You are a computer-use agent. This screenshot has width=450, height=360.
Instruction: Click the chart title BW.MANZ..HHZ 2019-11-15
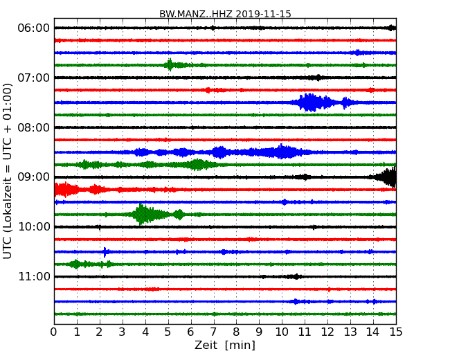click(225, 14)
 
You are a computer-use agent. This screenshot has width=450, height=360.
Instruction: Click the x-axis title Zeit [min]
click(225, 345)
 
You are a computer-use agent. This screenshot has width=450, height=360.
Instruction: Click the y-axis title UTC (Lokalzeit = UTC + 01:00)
click(8, 170)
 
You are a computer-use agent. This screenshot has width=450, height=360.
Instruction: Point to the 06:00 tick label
click(33, 28)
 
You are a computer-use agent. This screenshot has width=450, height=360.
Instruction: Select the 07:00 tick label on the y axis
click(33, 78)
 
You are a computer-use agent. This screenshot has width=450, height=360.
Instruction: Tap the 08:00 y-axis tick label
click(33, 127)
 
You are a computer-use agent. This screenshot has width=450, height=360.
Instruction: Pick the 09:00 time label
click(33, 177)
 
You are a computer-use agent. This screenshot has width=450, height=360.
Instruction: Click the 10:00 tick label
click(33, 227)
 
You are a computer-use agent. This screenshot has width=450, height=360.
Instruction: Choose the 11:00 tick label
click(33, 277)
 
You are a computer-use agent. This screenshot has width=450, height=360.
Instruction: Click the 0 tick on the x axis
click(54, 332)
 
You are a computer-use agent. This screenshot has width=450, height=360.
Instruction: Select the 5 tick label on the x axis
click(168, 332)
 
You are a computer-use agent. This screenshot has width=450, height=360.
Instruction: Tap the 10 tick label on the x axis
click(282, 332)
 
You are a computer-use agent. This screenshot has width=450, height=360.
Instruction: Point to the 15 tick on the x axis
click(396, 332)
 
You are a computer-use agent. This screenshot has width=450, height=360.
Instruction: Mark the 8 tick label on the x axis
click(236, 332)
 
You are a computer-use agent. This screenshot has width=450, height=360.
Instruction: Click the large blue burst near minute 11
click(310, 102)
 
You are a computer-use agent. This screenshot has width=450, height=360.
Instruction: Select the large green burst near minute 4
click(143, 214)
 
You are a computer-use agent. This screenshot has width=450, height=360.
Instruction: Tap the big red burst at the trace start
click(64, 189)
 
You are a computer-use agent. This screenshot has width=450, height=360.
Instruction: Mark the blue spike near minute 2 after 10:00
click(105, 252)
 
